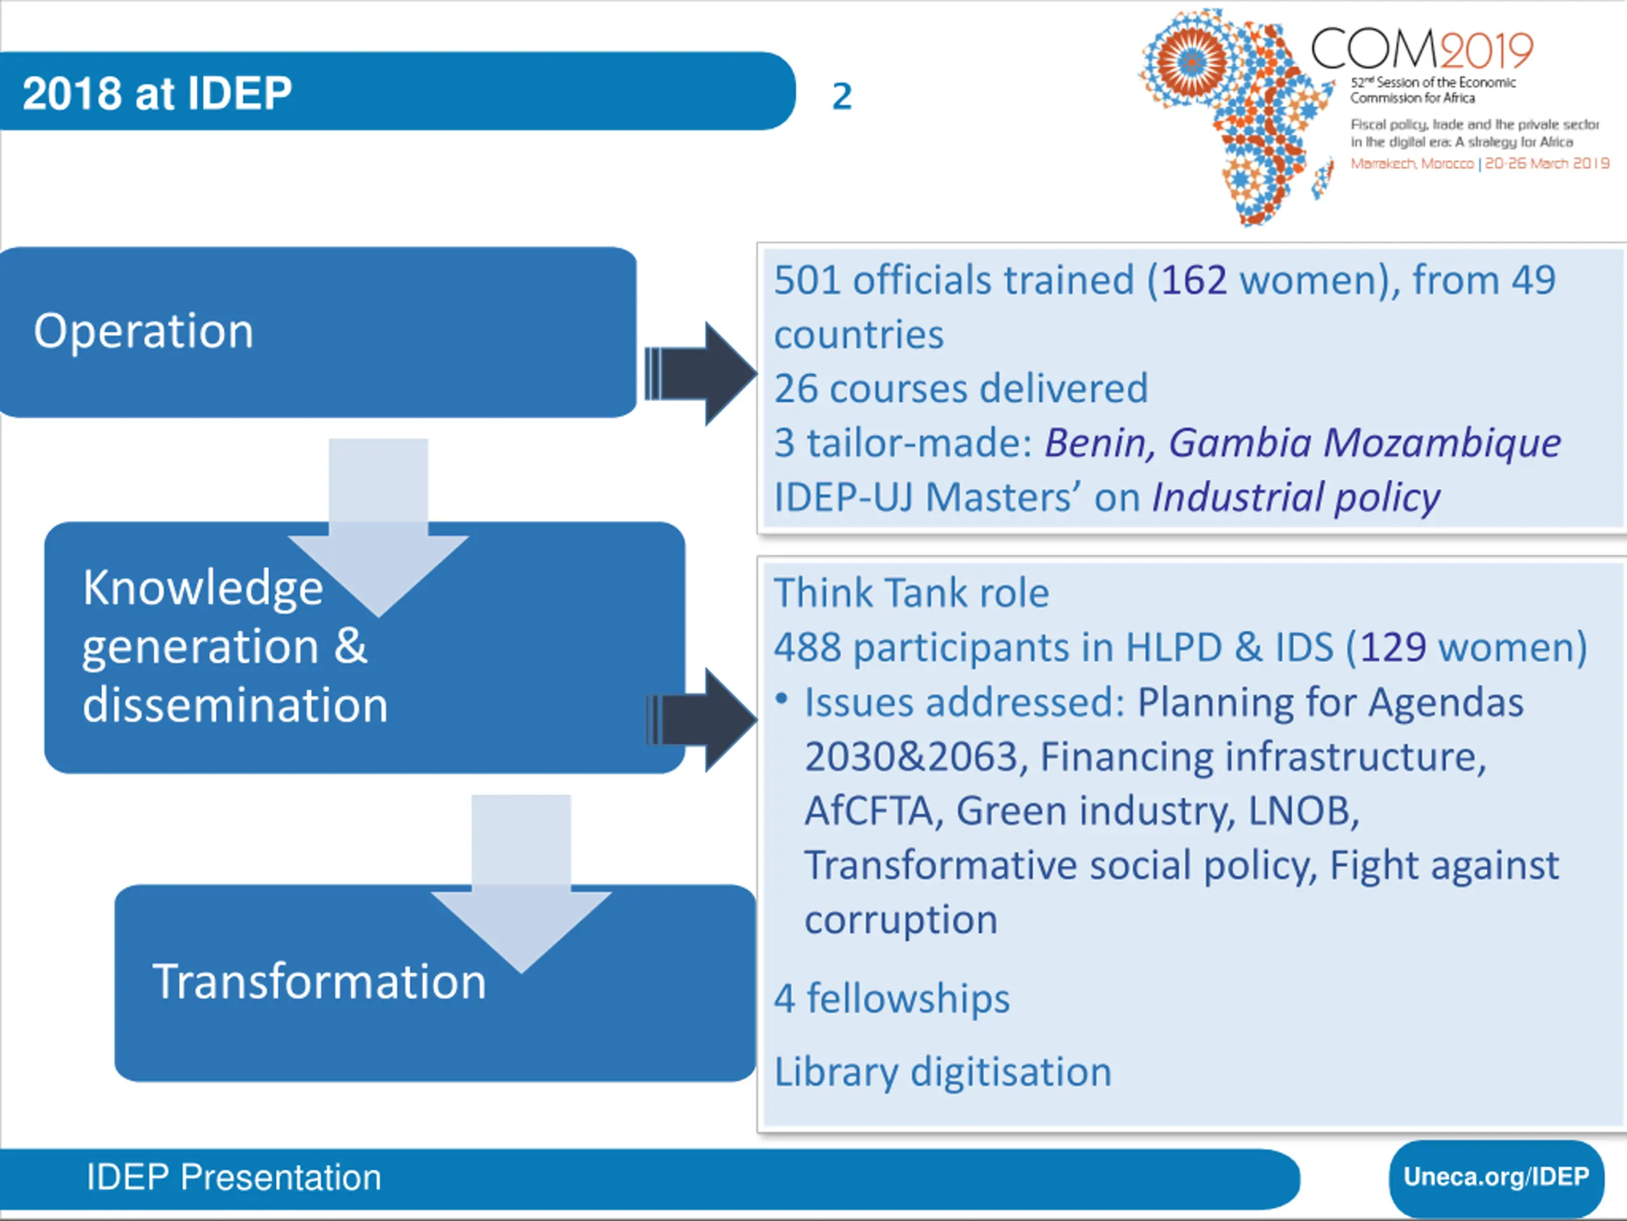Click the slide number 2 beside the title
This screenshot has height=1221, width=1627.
(841, 97)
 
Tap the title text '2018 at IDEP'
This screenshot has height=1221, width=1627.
(157, 93)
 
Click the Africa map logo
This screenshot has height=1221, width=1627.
(1236, 114)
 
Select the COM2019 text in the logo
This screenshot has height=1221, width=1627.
(1421, 50)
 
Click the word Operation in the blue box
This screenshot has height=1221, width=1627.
(144, 331)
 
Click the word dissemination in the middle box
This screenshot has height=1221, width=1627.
(235, 705)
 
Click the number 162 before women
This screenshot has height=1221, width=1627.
(1194, 280)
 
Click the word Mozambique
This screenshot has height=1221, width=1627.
(1441, 443)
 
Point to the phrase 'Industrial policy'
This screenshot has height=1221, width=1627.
(1295, 497)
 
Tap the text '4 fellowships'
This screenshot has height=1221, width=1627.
(892, 998)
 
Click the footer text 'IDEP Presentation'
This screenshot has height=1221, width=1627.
(234, 1177)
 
